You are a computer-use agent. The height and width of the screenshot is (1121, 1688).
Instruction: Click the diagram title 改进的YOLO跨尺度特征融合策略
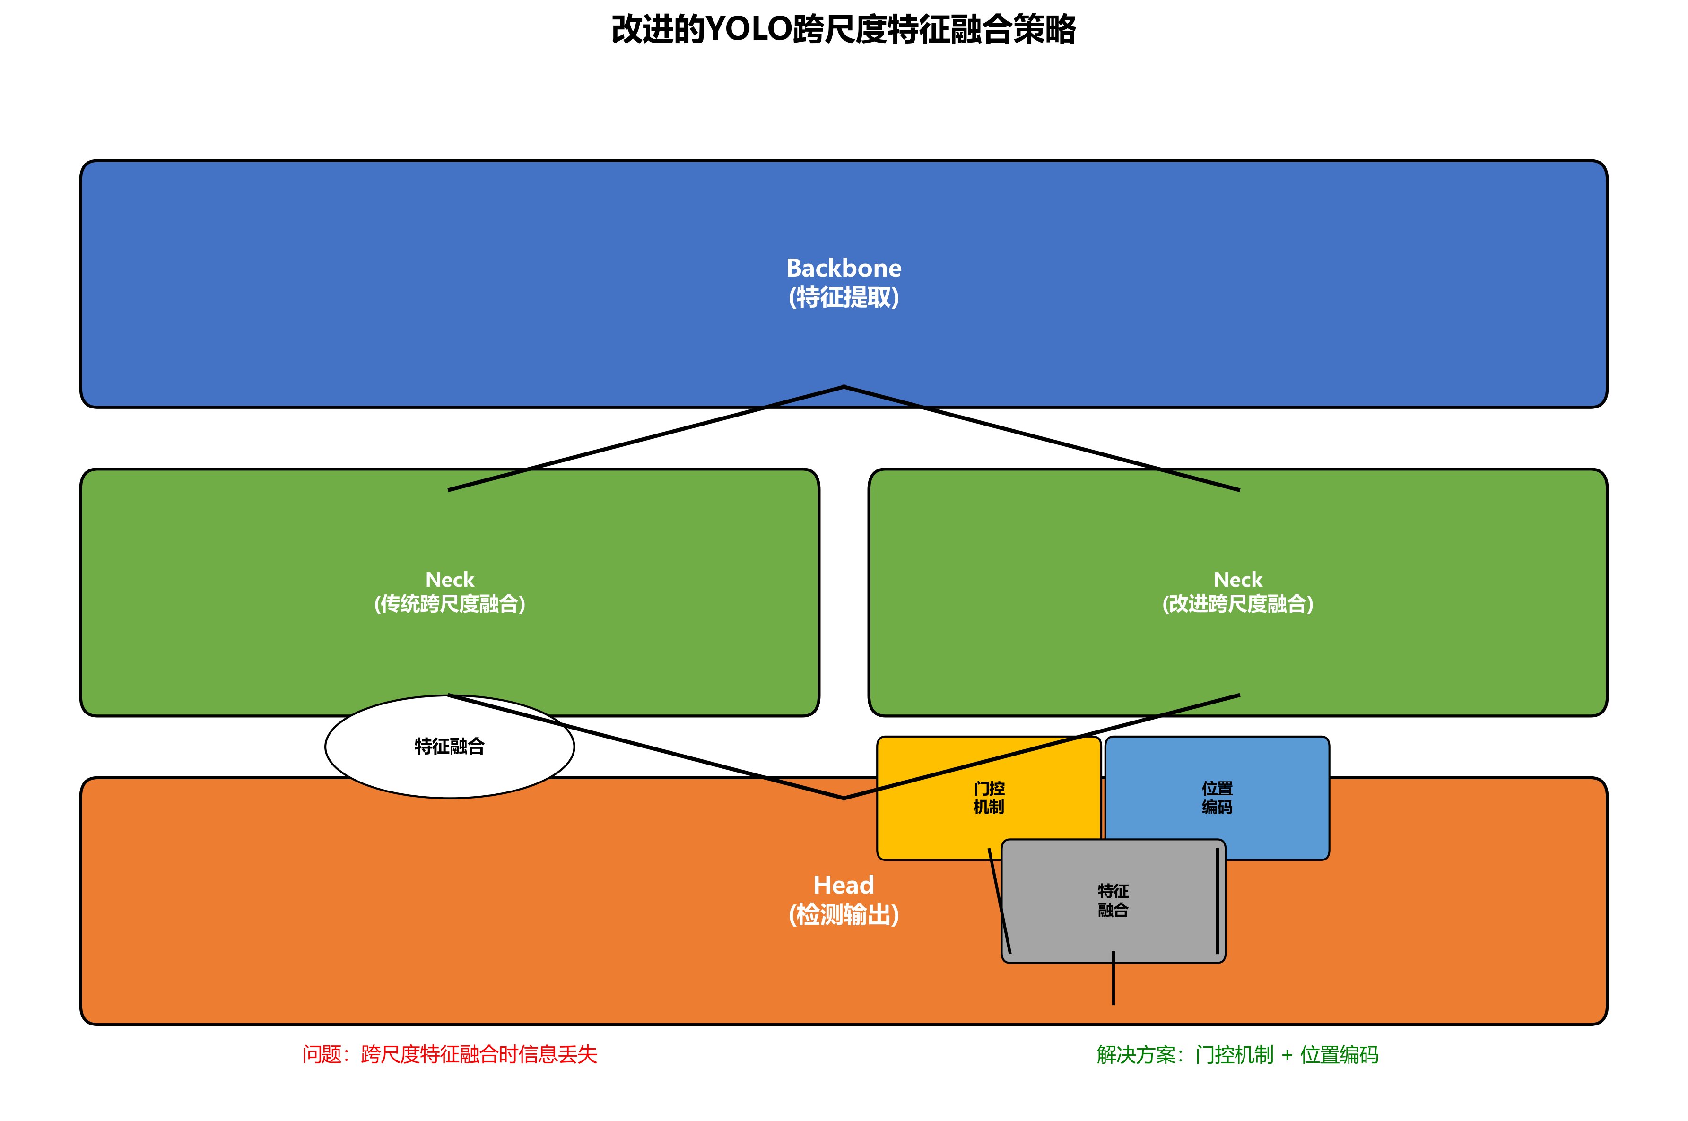point(843,30)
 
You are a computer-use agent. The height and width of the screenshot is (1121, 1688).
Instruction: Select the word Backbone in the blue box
point(844,268)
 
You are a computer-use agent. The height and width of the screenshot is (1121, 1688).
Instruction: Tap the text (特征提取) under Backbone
point(844,297)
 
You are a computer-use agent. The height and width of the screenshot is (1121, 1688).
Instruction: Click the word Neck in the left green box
point(450,579)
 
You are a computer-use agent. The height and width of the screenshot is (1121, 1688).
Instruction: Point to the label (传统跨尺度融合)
point(450,604)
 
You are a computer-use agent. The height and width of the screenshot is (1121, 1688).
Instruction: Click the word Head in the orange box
point(844,885)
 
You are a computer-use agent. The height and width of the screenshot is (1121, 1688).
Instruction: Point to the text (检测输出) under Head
point(844,915)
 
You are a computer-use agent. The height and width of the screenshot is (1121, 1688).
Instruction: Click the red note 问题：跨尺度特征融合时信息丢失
point(450,1054)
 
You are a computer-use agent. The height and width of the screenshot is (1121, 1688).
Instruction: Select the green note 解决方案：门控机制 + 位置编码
point(1237,1054)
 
